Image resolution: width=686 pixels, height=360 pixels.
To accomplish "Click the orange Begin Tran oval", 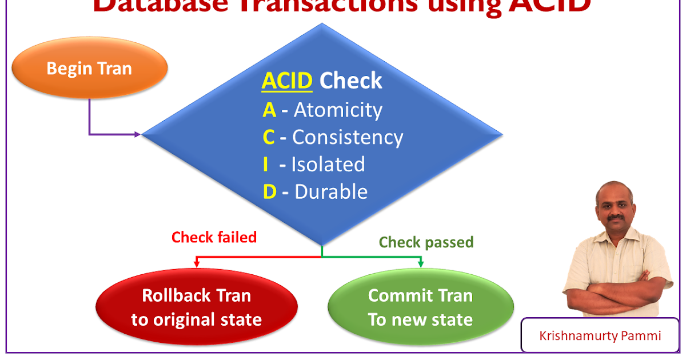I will [x=89, y=69].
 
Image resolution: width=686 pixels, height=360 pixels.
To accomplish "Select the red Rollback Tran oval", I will [x=197, y=307].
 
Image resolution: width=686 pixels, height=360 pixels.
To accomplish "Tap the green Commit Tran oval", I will [x=420, y=307].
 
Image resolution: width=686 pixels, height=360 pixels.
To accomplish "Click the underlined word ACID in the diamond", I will [x=287, y=81].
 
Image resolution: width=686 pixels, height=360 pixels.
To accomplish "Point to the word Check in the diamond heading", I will [x=350, y=81].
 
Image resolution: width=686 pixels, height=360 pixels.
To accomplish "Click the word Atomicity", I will [x=338, y=110].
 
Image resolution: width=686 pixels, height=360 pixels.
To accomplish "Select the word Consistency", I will [x=348, y=137].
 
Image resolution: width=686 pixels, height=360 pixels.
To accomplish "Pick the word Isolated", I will [x=328, y=165].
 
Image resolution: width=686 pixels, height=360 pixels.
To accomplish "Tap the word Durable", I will [x=331, y=192].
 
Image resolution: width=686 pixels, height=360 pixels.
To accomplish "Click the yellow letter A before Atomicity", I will [x=269, y=110].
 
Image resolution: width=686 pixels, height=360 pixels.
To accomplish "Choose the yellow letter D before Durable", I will [x=269, y=192].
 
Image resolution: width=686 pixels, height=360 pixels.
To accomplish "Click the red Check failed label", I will [x=214, y=237].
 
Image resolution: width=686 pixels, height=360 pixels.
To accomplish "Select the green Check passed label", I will [x=426, y=242].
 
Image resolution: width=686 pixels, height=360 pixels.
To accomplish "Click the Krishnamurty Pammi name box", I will [x=600, y=335].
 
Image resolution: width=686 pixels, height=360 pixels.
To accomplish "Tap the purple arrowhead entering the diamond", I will [x=137, y=135].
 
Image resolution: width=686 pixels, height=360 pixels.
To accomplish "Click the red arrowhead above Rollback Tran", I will [x=197, y=264].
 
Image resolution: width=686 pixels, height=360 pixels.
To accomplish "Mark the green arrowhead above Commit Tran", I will [x=421, y=264].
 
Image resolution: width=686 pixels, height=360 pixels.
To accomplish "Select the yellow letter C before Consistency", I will [x=269, y=137].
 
